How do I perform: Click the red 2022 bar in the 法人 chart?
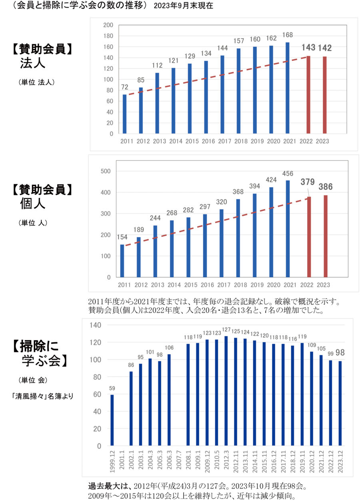pos(308,95)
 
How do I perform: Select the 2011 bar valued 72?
pos(124,114)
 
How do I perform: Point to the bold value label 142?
pos(325,48)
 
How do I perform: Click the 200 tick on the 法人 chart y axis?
pos(108,25)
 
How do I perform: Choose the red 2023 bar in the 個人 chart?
pos(325,236)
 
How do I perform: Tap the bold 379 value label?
pos(308,182)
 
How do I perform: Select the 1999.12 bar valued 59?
pos(112,420)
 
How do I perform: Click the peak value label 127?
pos(226,330)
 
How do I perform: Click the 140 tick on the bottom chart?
pos(96,325)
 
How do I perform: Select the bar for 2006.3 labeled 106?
pos(169,400)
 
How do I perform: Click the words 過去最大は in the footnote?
pos(104,487)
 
